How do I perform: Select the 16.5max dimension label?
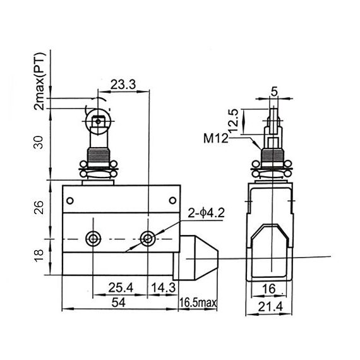[x=198, y=304]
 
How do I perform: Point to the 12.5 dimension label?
[x=233, y=119]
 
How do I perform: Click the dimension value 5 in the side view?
[x=273, y=90]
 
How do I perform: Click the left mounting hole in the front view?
[x=94, y=239]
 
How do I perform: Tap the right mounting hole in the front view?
[x=148, y=239]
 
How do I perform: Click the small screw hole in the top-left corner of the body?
[x=70, y=201]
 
